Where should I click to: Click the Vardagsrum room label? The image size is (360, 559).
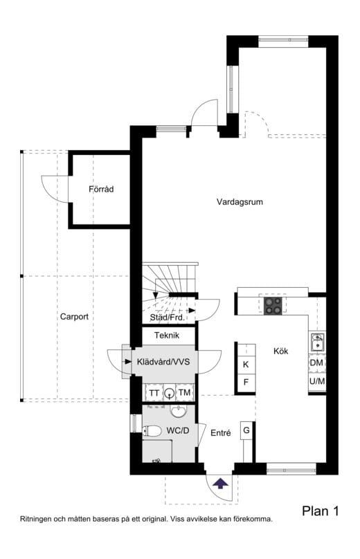[240, 202]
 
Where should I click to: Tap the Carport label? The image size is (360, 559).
[74, 317]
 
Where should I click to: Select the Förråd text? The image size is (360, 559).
[100, 189]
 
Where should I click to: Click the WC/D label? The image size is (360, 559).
[178, 431]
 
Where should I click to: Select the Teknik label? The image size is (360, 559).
[167, 336]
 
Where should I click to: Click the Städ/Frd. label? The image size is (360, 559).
[167, 318]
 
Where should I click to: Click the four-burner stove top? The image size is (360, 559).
[274, 305]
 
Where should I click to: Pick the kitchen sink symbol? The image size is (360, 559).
[318, 342]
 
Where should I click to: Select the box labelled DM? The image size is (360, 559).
[316, 363]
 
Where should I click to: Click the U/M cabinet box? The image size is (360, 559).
[316, 382]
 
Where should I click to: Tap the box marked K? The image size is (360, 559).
[245, 365]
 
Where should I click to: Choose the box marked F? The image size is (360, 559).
[245, 383]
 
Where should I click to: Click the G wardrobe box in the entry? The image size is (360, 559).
[246, 431]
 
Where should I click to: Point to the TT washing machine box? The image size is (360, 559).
[154, 393]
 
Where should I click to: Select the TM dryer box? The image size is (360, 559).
[184, 393]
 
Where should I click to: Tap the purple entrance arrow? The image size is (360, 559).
[221, 483]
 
